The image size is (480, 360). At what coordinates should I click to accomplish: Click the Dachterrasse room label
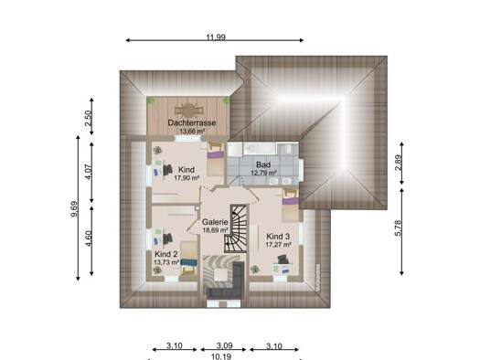192,123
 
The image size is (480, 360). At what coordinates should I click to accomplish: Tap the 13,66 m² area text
192,132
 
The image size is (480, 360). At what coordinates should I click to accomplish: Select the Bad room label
263,165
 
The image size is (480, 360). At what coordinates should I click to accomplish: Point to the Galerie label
215,222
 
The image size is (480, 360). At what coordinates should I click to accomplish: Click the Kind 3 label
278,237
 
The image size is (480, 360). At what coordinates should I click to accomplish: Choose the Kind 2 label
165,254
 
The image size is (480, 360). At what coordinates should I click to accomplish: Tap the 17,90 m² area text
187,177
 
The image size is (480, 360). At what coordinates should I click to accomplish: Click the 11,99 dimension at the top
216,37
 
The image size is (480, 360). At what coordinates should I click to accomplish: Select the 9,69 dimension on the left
74,208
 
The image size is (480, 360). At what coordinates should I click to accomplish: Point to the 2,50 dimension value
88,118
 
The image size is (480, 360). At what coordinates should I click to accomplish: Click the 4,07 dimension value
88,172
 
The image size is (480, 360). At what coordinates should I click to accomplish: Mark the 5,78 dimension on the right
398,228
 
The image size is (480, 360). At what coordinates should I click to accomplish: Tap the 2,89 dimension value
398,164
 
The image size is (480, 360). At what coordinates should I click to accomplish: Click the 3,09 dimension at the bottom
225,346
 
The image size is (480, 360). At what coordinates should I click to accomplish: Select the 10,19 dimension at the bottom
221,356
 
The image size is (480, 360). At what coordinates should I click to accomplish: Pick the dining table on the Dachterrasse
189,110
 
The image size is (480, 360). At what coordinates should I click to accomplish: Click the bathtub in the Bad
261,148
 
